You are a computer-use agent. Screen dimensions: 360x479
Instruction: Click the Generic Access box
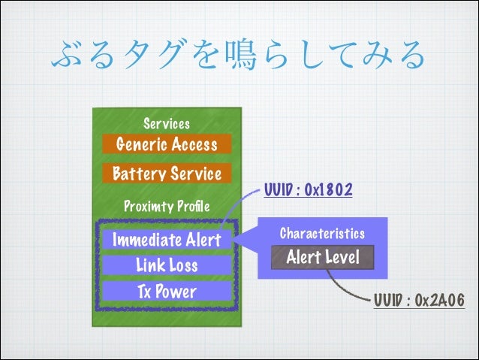click(x=166, y=144)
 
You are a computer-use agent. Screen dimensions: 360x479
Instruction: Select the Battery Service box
click(x=166, y=174)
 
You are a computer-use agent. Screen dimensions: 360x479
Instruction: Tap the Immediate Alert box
click(x=166, y=241)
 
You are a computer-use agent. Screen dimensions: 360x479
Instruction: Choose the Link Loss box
click(x=166, y=265)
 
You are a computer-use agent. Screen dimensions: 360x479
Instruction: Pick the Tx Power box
click(x=166, y=291)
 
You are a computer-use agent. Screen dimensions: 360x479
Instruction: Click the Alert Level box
click(x=322, y=258)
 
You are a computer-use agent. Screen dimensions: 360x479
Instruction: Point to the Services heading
click(x=166, y=123)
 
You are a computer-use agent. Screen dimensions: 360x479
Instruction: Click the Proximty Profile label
click(x=166, y=206)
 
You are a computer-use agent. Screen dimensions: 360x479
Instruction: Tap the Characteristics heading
click(x=322, y=234)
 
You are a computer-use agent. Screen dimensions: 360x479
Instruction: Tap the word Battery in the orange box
click(x=136, y=174)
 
